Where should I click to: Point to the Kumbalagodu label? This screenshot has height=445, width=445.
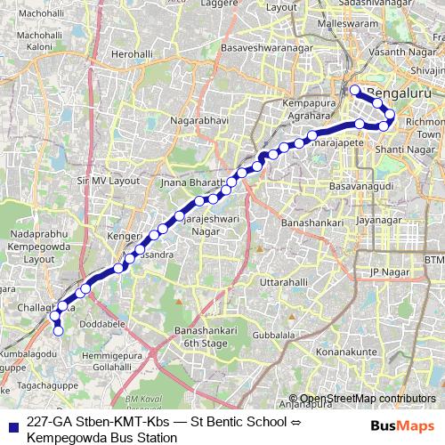(28, 353)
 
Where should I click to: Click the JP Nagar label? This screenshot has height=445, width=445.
(387, 271)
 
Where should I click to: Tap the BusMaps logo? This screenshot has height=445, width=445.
(402, 426)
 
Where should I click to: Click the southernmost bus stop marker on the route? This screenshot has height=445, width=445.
(59, 331)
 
